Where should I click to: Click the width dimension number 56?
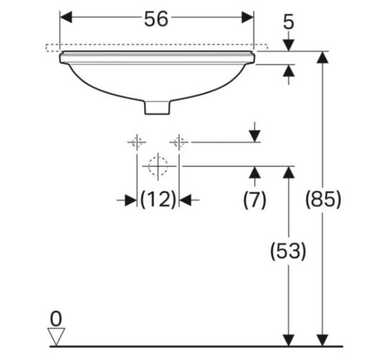click(x=156, y=20)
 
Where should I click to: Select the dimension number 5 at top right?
click(x=288, y=22)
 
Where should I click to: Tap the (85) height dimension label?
click(x=323, y=200)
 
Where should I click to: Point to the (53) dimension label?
click(x=288, y=251)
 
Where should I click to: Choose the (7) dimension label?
click(x=255, y=200)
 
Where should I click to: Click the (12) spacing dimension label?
click(x=158, y=200)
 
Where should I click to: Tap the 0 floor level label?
click(x=56, y=319)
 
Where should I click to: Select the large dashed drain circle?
click(x=158, y=166)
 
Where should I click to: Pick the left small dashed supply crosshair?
click(x=136, y=142)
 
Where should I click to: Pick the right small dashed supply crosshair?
click(x=179, y=142)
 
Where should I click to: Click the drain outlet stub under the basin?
click(x=157, y=107)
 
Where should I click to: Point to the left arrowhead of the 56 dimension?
click(x=66, y=17)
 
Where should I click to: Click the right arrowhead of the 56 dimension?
click(x=248, y=17)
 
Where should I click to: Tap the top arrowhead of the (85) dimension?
click(x=323, y=57)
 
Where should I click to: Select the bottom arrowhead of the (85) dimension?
click(x=323, y=340)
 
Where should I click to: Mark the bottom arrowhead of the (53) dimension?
click(x=288, y=340)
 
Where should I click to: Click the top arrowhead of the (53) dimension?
click(x=288, y=172)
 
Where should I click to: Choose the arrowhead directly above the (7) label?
click(x=255, y=172)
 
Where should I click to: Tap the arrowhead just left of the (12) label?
click(x=131, y=200)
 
